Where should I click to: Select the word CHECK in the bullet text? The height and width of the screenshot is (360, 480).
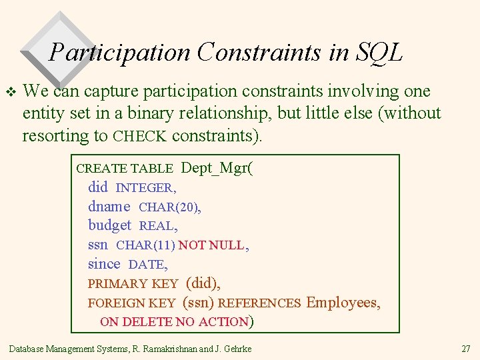tap(140, 137)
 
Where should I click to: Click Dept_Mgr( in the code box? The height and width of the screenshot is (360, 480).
tap(217, 168)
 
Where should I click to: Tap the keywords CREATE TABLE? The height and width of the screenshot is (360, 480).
tap(125, 169)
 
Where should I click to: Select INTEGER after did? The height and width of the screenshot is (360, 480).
tap(145, 188)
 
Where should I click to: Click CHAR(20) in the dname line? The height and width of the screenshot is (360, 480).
tap(169, 207)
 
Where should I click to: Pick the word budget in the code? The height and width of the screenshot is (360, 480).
tap(110, 226)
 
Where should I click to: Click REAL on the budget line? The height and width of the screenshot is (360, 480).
tap(157, 227)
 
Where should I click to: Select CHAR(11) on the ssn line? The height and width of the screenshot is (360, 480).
tap(145, 245)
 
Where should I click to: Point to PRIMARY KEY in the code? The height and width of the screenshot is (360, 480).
tap(133, 284)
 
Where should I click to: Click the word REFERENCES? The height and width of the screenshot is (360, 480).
tap(259, 303)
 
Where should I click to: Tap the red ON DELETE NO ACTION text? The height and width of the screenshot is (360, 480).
tap(174, 322)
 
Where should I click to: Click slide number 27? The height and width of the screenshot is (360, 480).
tap(465, 349)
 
